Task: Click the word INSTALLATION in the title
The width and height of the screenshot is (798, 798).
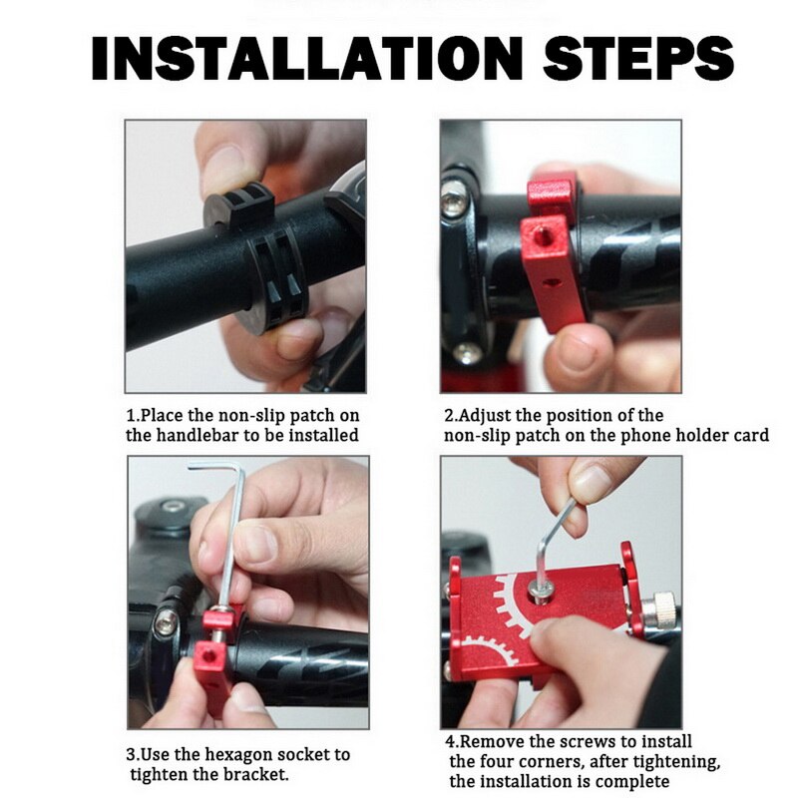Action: point(307,59)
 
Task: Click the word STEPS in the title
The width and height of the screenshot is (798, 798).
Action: point(638,59)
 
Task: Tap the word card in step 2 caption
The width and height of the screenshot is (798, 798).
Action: point(749,435)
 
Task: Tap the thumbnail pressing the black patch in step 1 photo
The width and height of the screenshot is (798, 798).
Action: point(222,168)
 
